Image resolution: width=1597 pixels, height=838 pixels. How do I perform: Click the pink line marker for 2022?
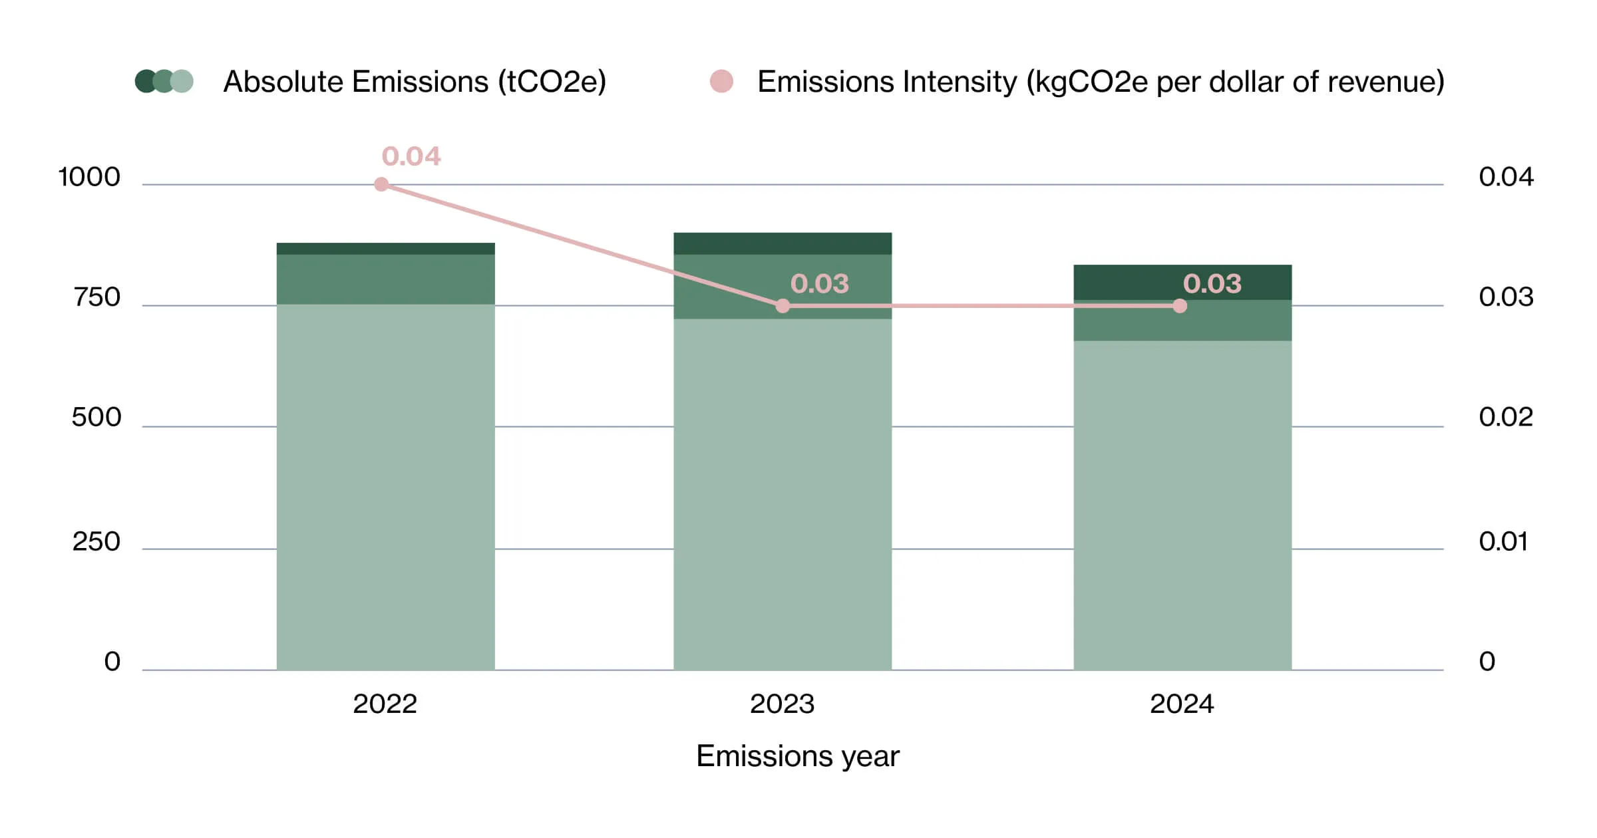pyautogui.click(x=381, y=184)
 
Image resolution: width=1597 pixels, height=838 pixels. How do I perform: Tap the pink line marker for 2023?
pyautogui.click(x=783, y=306)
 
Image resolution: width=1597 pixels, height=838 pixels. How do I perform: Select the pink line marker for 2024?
pyautogui.click(x=1180, y=306)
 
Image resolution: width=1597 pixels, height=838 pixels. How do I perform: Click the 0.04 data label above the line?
pyautogui.click(x=411, y=156)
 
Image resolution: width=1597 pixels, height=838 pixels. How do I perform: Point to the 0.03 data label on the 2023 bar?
pyautogui.click(x=820, y=284)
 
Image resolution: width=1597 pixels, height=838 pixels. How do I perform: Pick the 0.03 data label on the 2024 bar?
pyautogui.click(x=1212, y=284)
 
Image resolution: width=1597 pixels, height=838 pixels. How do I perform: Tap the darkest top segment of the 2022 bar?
pyautogui.click(x=386, y=249)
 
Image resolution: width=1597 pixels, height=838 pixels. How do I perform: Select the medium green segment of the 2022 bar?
pyautogui.click(x=386, y=279)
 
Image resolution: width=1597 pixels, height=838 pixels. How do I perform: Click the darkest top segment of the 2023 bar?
pyautogui.click(x=783, y=243)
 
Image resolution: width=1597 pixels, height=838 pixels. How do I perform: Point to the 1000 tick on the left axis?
pyautogui.click(x=89, y=177)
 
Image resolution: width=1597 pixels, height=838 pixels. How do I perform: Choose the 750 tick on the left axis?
pyautogui.click(x=97, y=297)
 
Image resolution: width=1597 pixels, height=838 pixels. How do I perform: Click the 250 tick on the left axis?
pyautogui.click(x=96, y=542)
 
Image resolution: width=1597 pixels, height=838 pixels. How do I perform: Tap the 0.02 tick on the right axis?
pyautogui.click(x=1506, y=417)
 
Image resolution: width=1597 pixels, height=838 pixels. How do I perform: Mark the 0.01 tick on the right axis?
pyautogui.click(x=1503, y=541)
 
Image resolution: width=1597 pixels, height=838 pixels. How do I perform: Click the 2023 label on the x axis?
pyautogui.click(x=782, y=704)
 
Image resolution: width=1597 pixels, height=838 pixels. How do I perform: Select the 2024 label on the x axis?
pyautogui.click(x=1182, y=704)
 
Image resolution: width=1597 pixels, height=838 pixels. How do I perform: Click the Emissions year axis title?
pyautogui.click(x=798, y=756)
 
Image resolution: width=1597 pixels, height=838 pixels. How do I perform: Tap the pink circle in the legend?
pyautogui.click(x=722, y=81)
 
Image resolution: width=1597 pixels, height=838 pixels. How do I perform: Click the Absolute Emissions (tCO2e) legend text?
pyautogui.click(x=415, y=82)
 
